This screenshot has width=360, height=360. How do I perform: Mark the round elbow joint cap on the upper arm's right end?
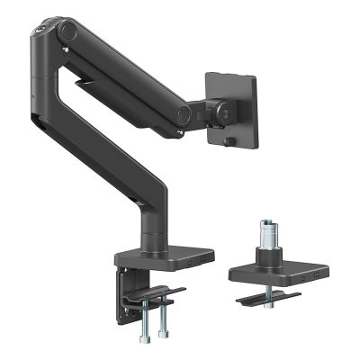[x=184, y=114]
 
